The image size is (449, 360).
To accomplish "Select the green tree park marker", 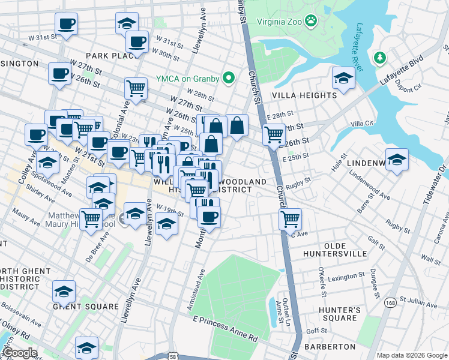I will tap(379, 58).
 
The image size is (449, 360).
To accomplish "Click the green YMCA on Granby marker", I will tap(228, 77).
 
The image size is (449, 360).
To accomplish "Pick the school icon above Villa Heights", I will tap(343, 78).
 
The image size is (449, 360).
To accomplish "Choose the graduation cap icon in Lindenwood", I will tap(397, 160).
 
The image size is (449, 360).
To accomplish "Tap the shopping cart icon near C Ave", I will tap(290, 218).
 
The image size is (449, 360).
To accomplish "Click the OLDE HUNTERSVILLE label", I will tap(354, 250).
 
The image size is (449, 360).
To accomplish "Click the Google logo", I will tap(19, 353).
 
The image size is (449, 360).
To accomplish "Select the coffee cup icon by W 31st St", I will tap(66, 25).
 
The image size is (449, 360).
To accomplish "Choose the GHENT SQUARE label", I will tap(86, 307).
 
